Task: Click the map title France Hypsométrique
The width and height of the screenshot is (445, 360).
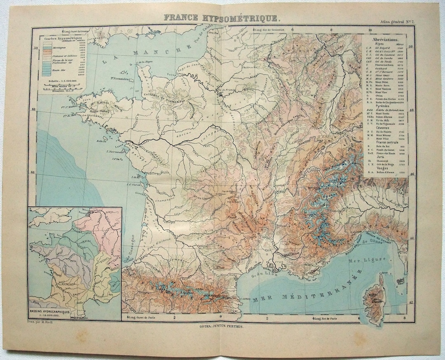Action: [x=223, y=18]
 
